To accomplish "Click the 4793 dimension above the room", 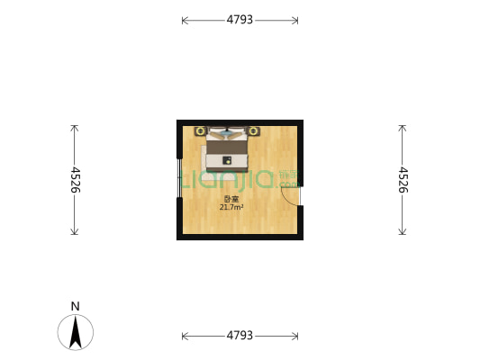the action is (240, 20).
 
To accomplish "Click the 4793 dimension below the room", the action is (240, 336).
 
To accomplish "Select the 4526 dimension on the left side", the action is (75, 180).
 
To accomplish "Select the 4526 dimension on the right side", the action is (403, 180).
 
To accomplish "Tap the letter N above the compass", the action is (76, 306).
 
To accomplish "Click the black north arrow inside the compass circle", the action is (76, 333).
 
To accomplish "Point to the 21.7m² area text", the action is (231, 207).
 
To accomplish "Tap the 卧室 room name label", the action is (231, 199).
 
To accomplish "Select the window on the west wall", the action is (179, 178).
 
